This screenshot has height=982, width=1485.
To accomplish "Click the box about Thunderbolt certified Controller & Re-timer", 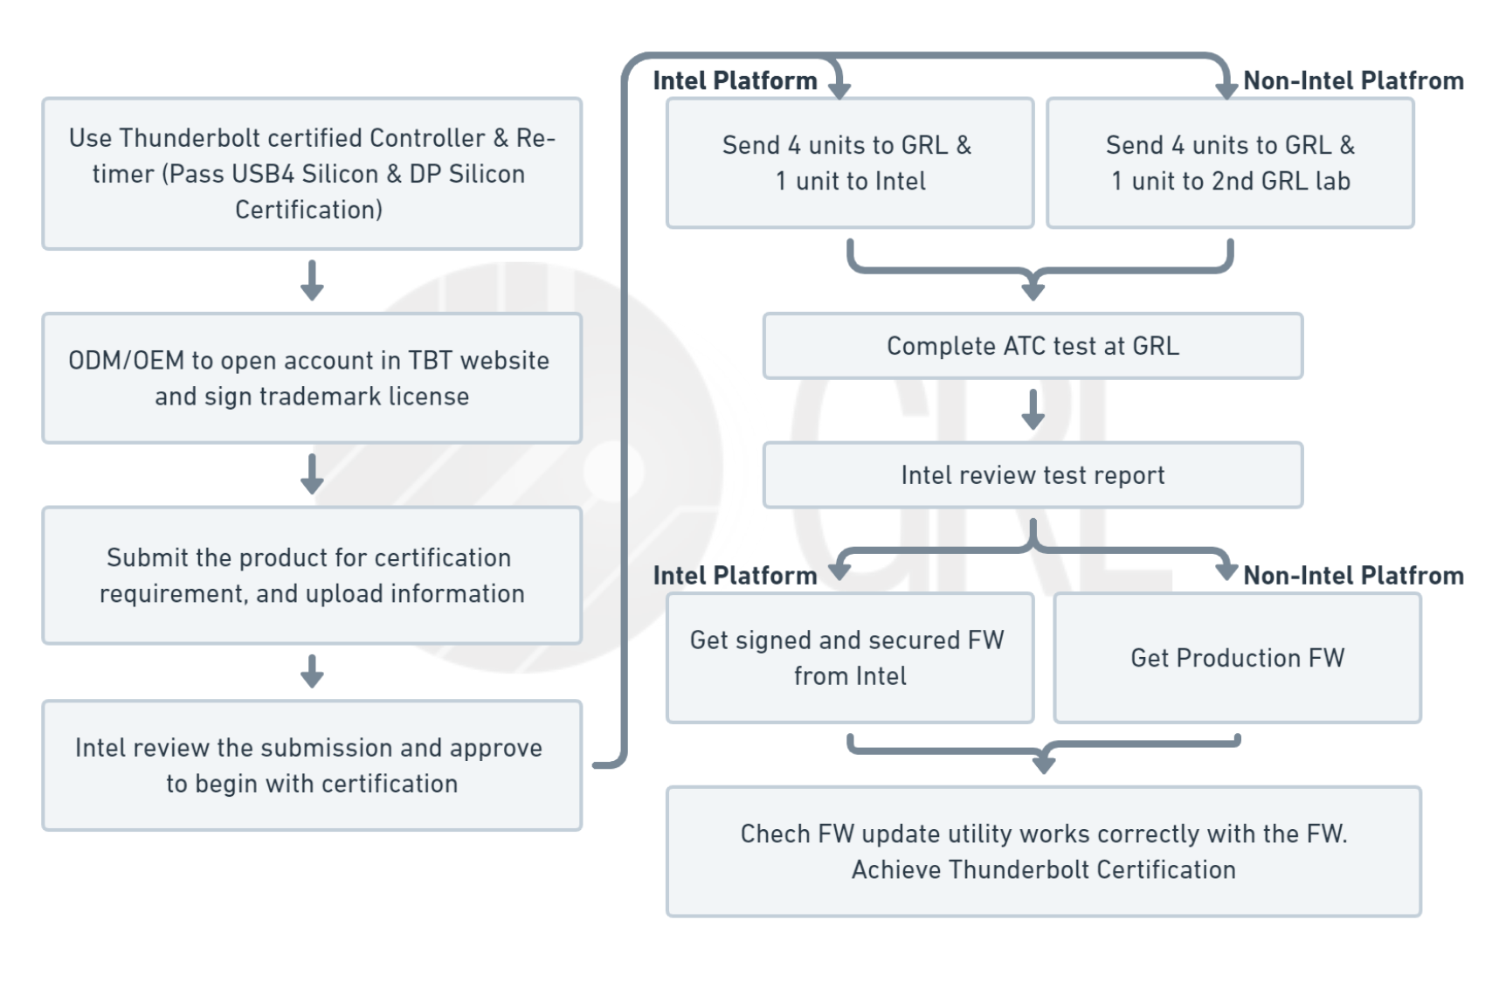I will (312, 174).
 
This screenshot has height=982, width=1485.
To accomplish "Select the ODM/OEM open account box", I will (312, 378).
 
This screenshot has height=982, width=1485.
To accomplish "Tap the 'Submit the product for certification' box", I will (312, 576).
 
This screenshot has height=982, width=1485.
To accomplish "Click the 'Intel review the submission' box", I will (312, 765).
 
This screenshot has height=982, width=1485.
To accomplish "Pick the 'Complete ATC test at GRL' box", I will (1033, 346).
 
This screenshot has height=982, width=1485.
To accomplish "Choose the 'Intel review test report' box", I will (1033, 475).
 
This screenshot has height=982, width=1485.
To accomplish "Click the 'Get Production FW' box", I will (1237, 658).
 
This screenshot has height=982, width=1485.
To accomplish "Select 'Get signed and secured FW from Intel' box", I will (849, 658).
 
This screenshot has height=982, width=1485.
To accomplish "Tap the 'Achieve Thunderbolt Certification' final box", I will (1043, 852).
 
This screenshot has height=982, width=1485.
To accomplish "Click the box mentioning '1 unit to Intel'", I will (849, 163).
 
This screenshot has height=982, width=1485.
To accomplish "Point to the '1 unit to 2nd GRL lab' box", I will (1230, 163).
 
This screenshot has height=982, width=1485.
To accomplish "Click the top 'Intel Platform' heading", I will (735, 81).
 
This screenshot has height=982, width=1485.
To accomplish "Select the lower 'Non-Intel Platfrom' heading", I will (1352, 576).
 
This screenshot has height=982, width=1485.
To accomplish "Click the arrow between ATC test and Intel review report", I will (1033, 410).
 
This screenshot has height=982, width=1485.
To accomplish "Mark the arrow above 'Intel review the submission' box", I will (312, 672).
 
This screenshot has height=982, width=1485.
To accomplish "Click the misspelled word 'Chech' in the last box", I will (775, 834).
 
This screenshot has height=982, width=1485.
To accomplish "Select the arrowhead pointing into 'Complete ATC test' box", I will (1033, 291).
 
